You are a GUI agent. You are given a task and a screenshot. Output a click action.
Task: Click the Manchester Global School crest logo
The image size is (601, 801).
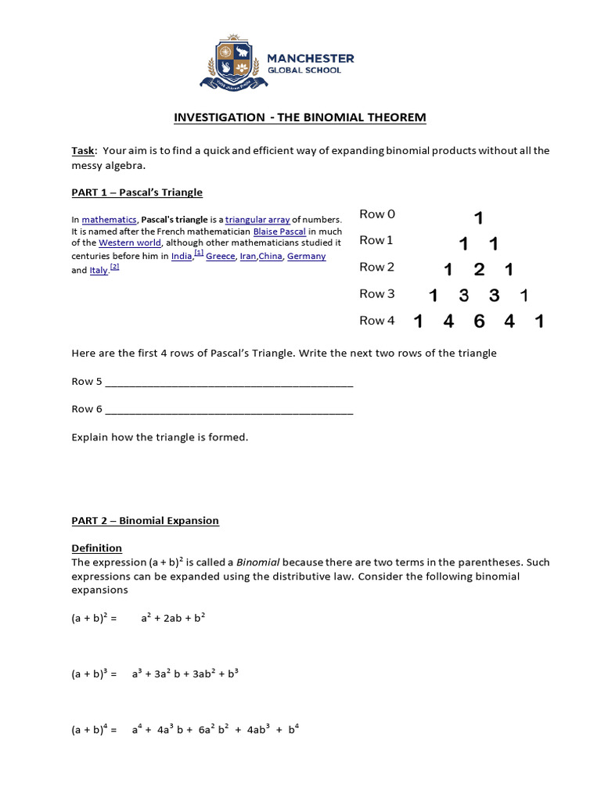[232, 62]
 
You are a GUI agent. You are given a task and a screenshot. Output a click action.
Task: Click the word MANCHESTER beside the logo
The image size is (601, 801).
[311, 59]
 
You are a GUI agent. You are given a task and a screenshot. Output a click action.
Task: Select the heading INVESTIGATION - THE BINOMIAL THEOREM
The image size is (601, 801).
[300, 117]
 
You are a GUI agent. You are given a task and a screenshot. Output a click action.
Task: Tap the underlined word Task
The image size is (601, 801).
[83, 150]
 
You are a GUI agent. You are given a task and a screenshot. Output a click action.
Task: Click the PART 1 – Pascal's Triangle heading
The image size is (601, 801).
[137, 192]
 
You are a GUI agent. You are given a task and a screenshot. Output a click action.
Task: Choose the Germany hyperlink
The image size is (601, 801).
[306, 257]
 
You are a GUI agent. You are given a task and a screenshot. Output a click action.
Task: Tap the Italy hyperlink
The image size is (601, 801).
[99, 271]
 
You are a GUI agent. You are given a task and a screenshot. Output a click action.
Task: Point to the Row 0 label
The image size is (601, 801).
[377, 214]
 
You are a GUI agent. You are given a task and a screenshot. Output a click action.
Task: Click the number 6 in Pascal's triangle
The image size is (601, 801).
[479, 321]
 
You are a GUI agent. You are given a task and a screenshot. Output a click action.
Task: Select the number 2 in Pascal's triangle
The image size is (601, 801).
[479, 270]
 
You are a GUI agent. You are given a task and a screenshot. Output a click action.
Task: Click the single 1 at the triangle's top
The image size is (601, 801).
[479, 218]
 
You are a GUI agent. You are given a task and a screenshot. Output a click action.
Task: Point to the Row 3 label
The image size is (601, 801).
[377, 294]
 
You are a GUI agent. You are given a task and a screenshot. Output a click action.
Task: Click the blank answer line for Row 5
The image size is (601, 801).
[229, 383]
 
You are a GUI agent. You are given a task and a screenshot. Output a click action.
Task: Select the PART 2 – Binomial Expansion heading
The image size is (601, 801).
[146, 520]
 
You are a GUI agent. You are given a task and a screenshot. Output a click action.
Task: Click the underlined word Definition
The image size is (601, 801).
[97, 548]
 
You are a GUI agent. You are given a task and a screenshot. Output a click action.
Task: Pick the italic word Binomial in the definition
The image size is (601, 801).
[258, 562]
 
